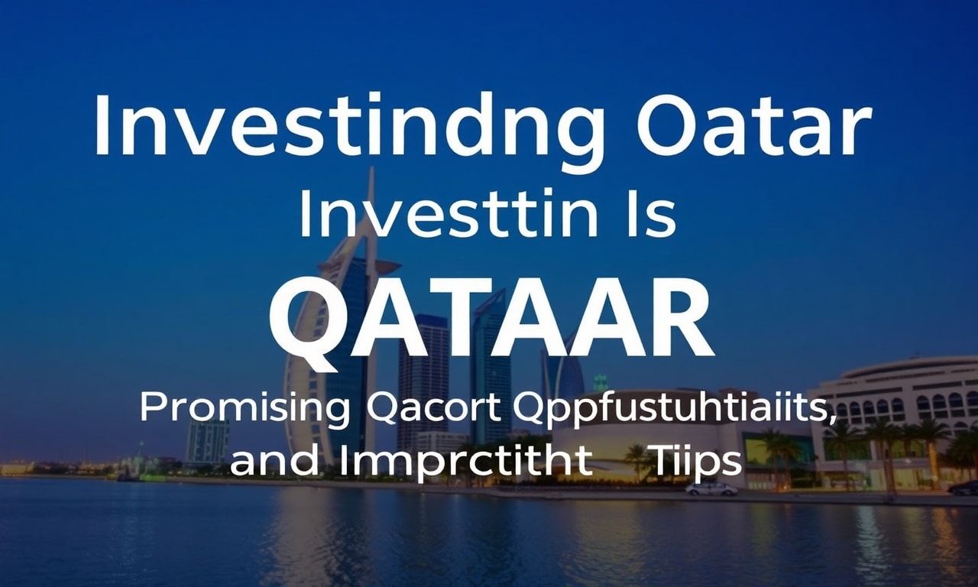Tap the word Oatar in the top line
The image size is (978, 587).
tap(753, 124)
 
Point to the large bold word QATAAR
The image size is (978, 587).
tap(491, 323)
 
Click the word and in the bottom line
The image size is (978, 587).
tap(274, 462)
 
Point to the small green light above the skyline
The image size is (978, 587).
tap(601, 381)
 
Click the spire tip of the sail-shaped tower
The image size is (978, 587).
tap(371, 170)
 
